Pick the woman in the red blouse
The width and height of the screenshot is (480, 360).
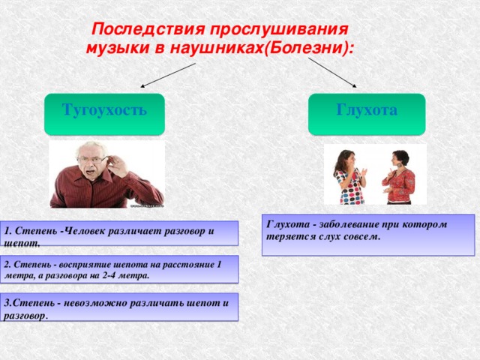(398, 180)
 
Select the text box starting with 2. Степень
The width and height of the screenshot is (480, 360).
(119, 269)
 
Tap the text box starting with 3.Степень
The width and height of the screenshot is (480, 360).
(119, 307)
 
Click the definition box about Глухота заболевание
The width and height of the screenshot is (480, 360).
(367, 235)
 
